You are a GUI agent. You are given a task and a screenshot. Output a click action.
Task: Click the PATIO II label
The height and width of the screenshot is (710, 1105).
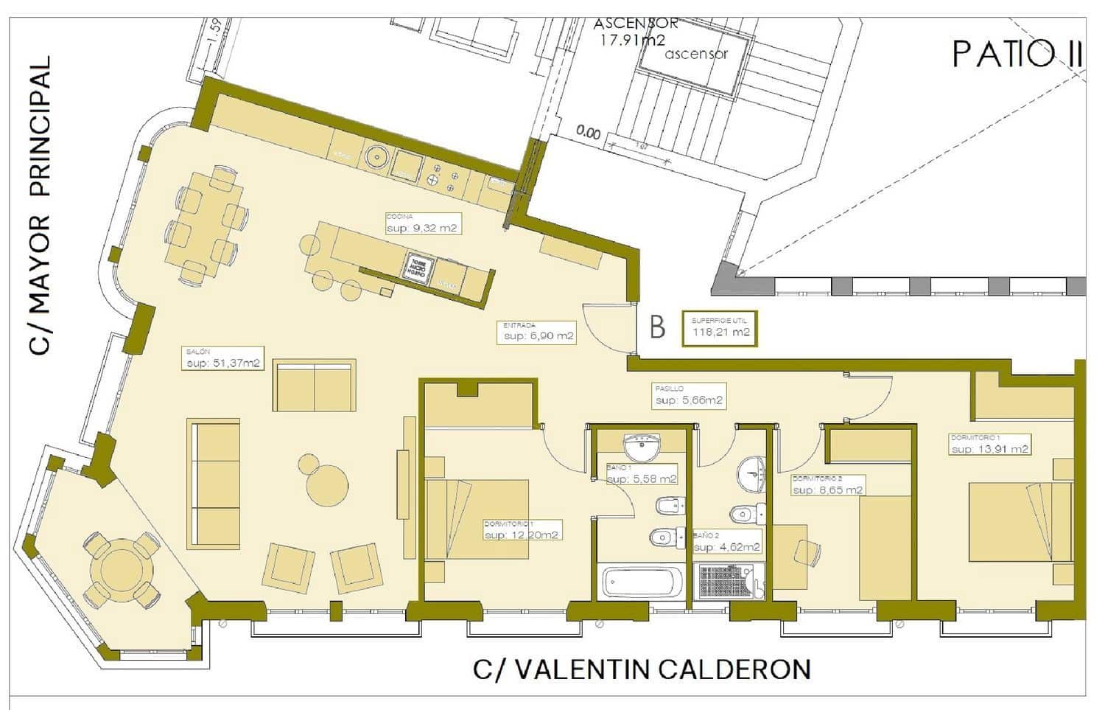tap(1017, 55)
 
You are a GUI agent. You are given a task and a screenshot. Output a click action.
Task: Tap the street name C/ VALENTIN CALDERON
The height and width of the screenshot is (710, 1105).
tap(642, 669)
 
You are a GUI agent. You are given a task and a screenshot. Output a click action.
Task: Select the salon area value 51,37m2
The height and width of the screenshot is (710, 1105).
tap(222, 363)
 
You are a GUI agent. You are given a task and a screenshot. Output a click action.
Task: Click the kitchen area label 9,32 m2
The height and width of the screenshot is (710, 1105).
tap(423, 228)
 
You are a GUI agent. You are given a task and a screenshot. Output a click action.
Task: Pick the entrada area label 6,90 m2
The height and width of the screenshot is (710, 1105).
tap(538, 335)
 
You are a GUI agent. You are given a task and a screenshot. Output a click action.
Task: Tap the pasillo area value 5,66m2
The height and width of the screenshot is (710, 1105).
tap(689, 400)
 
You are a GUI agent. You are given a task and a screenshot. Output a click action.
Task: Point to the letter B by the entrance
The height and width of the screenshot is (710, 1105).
tap(657, 327)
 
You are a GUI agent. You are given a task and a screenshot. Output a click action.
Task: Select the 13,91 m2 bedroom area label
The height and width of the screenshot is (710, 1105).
tap(989, 448)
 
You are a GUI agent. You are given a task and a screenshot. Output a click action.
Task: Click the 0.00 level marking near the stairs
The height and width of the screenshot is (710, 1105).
tap(588, 133)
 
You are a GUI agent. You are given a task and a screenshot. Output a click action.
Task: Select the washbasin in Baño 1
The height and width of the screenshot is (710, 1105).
tap(642, 446)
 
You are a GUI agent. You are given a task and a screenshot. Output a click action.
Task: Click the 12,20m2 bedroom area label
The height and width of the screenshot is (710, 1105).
tap(522, 535)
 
